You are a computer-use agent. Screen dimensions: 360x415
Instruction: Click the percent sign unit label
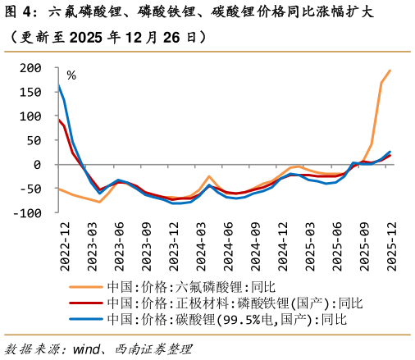(x=71, y=75)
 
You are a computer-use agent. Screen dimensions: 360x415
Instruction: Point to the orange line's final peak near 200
(x=390, y=71)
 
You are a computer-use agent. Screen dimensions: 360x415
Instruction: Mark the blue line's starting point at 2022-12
(x=59, y=84)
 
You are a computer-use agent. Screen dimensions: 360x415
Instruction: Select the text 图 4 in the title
(x=21, y=13)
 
